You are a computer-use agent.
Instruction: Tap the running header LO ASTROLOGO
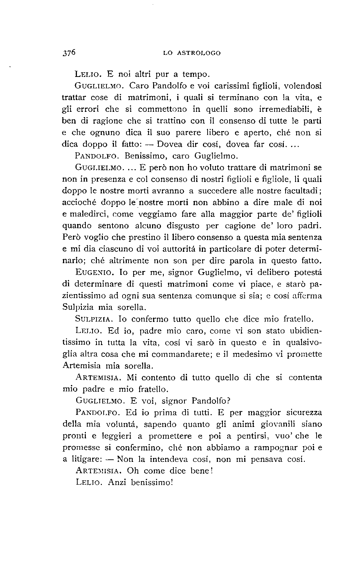(192, 53)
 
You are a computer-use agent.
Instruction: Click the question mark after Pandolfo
(229, 401)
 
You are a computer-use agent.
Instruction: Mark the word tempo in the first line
(195, 75)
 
